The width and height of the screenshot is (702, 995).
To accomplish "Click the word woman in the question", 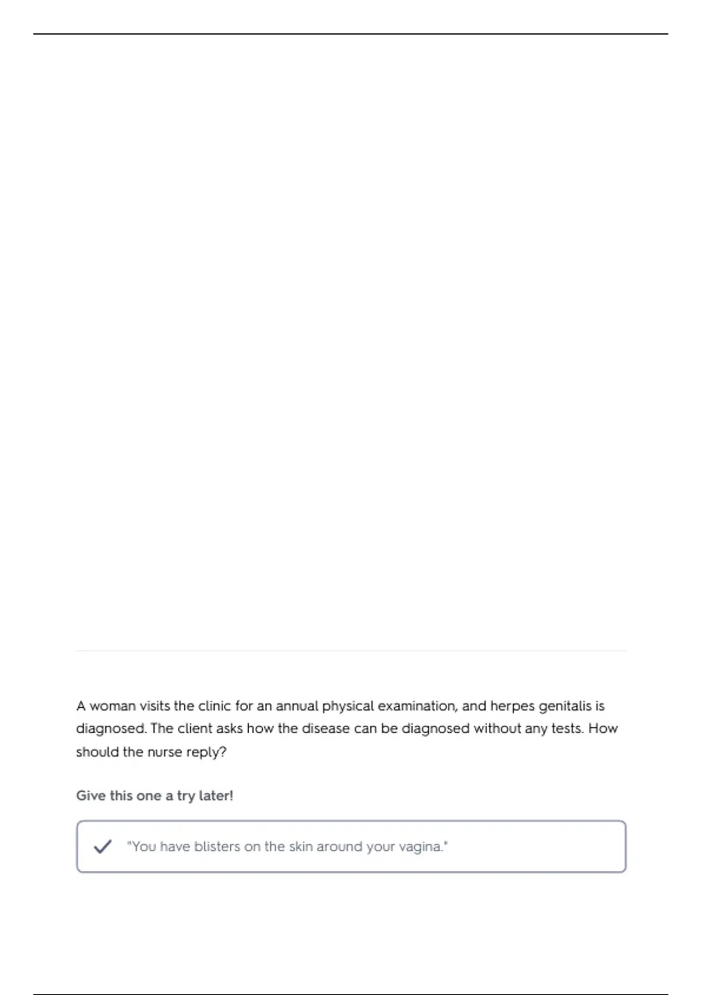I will coord(112,706).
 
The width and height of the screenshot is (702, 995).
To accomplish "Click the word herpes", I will coord(512,706).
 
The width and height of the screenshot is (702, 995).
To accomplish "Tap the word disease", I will coord(325,729).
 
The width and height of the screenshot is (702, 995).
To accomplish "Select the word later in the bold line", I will coord(215,796).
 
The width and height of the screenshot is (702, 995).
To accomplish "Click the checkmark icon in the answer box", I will coord(102,846).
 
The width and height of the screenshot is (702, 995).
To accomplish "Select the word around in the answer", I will coord(339,846).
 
